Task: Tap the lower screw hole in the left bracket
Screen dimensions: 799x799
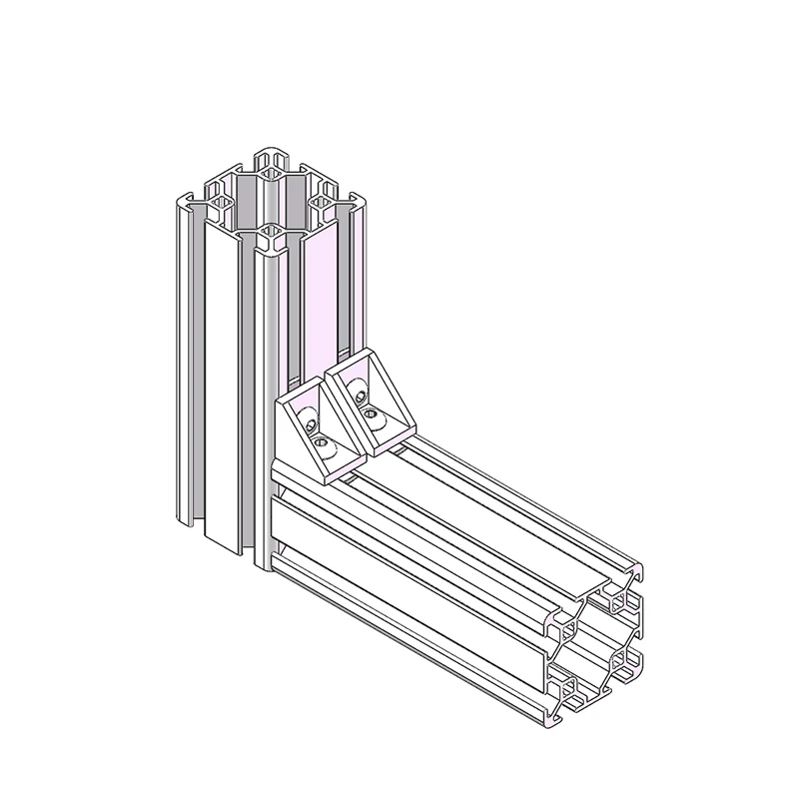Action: pyautogui.click(x=320, y=440)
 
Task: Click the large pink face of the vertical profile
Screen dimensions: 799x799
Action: pyautogui.click(x=321, y=300)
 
